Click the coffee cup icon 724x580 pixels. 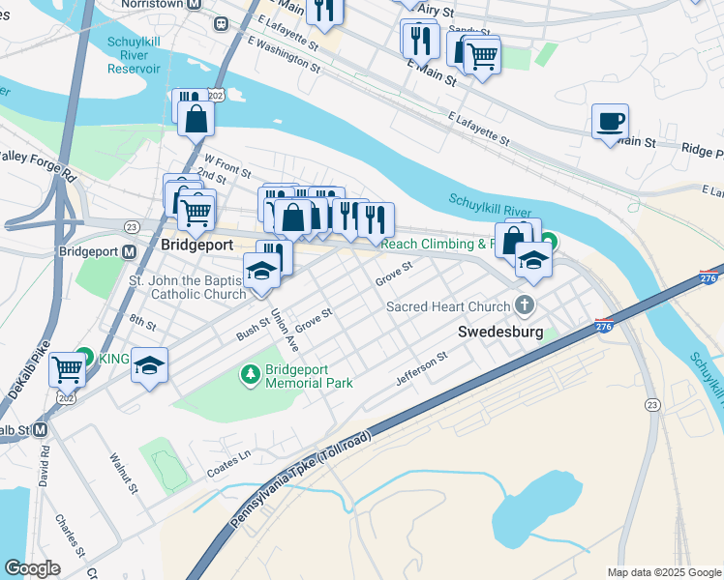tap(609, 122)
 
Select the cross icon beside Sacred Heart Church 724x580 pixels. tap(525, 305)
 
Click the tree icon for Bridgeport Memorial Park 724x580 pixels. tap(250, 373)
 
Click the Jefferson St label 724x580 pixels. tap(422, 369)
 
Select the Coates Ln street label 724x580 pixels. tap(229, 463)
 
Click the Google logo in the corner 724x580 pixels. tap(32, 568)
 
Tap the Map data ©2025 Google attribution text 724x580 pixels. tap(663, 572)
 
